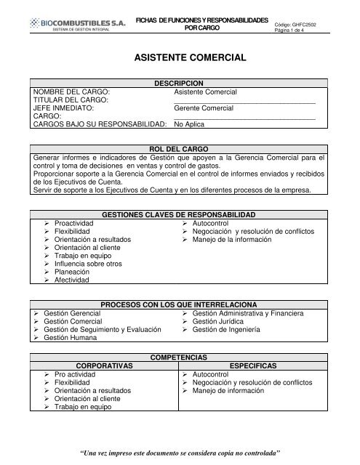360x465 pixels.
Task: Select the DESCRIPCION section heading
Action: [x=180, y=84]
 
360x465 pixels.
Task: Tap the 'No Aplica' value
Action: [x=190, y=124]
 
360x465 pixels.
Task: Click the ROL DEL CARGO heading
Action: [x=180, y=147]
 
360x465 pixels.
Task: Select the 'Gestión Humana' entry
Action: [x=73, y=338]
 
